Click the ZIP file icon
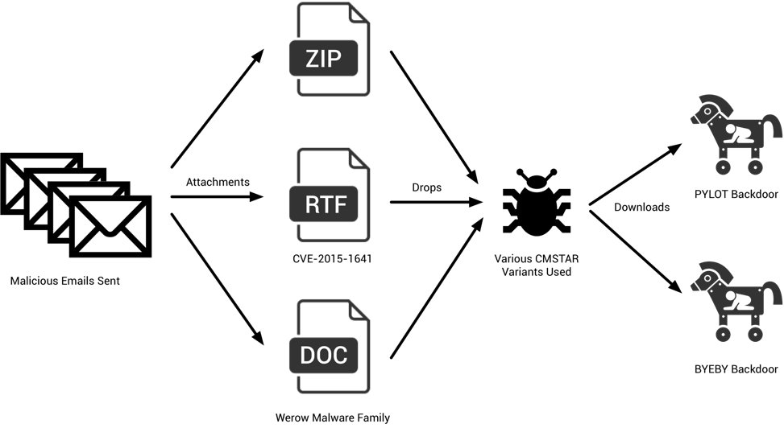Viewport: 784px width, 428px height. (329, 49)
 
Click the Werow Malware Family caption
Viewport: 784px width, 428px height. (333, 417)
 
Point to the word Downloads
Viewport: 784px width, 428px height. (641, 207)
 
